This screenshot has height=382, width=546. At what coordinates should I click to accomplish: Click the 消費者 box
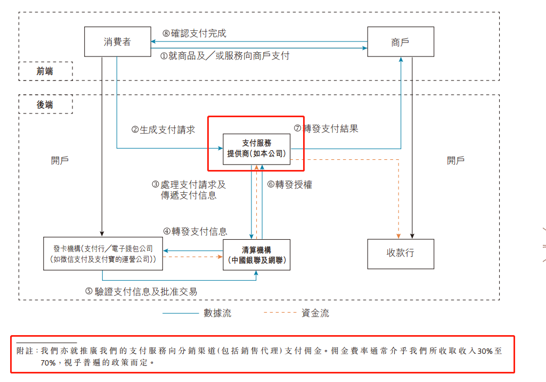(118, 42)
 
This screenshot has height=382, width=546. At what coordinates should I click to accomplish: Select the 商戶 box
(401, 42)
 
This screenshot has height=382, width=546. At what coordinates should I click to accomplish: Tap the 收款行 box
(401, 254)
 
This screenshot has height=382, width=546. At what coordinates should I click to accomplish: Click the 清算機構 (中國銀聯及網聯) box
(257, 255)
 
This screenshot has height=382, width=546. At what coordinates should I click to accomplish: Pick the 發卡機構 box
(103, 254)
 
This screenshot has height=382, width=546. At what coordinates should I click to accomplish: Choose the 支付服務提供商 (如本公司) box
(257, 149)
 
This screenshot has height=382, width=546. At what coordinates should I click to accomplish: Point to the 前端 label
(45, 71)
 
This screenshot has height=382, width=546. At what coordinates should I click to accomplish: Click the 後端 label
(45, 104)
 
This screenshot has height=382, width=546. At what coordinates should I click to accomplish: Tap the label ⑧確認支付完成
(194, 34)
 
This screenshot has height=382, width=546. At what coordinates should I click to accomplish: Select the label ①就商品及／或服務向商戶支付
(225, 56)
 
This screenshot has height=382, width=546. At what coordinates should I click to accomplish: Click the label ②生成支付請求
(164, 130)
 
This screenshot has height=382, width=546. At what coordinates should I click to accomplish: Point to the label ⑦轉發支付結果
(326, 128)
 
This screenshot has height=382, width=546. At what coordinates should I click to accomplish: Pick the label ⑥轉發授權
(290, 184)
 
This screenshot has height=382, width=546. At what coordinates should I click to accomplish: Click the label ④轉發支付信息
(195, 232)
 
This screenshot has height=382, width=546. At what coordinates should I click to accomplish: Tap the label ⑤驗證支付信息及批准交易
(141, 291)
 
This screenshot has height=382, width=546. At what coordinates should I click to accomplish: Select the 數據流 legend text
(218, 313)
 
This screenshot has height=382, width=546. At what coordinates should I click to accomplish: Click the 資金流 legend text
(315, 313)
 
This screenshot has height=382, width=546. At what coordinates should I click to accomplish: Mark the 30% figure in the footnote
(485, 351)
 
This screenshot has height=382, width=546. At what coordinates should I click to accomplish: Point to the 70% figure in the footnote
(48, 363)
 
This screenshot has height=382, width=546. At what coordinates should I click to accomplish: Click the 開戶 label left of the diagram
(60, 160)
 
